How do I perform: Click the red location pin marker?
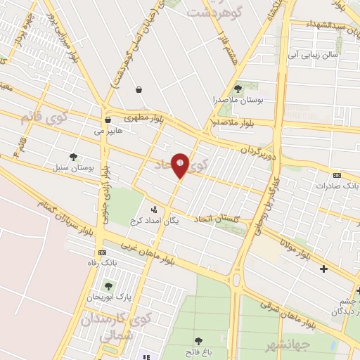click(x=181, y=165)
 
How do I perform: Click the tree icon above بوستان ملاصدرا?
click(x=238, y=89)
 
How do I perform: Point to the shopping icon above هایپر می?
click(x=107, y=120)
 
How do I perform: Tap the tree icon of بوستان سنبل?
click(x=73, y=157)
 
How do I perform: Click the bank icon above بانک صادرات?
click(x=337, y=175)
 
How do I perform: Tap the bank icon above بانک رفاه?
click(x=103, y=252)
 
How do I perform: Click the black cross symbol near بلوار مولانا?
click(x=323, y=268)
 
